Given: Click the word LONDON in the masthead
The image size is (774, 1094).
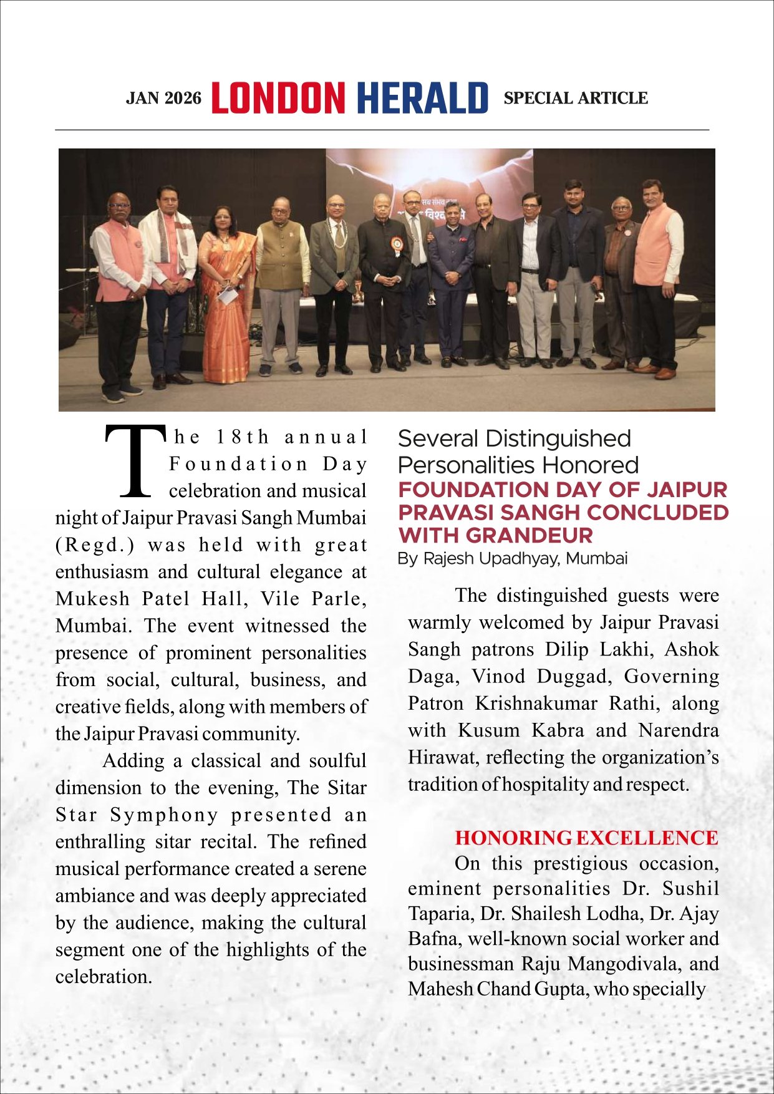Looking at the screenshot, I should coord(278,98).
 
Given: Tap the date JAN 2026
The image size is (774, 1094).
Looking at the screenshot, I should coord(163,99).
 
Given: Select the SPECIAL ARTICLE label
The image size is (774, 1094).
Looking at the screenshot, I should coord(575,99).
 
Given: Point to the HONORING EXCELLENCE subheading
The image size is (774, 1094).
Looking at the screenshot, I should coord(586,838).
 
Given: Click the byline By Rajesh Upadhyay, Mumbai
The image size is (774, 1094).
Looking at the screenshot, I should coord(512,558).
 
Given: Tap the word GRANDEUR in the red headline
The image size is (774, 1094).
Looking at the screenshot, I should coord(529,535).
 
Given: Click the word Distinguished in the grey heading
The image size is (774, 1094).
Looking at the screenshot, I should coord(558,438).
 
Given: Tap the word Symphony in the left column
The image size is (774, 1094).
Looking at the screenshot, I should coord(164,815).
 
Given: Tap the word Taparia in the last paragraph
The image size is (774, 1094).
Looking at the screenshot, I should coord(440,914).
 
